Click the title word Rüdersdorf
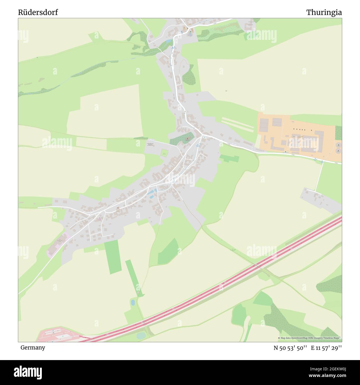pyautogui.click(x=38, y=12)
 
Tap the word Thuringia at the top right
pyautogui.click(x=324, y=12)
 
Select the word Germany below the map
pyautogui.click(x=33, y=347)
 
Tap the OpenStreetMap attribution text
pyautogui.click(x=310, y=338)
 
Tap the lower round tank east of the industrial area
pyautogui.click(x=339, y=151)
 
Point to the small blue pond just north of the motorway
pyautogui.click(x=133, y=302)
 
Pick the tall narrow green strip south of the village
pyautogui.click(x=113, y=256)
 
